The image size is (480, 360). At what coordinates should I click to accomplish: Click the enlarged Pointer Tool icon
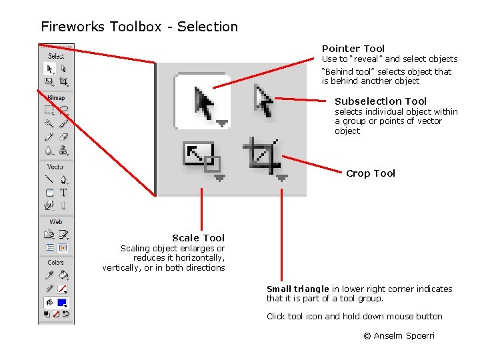(x=203, y=102)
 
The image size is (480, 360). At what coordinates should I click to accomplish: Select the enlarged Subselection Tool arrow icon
(x=265, y=101)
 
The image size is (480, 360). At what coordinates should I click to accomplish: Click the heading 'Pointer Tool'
(x=353, y=49)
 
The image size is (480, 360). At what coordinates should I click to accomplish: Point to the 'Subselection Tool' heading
(x=381, y=101)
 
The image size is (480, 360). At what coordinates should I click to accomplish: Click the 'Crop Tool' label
(x=371, y=173)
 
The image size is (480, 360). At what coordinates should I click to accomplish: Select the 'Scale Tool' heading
(x=198, y=238)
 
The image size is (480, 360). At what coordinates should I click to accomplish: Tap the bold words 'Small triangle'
(x=298, y=289)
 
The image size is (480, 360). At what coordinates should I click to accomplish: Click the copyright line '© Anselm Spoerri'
(x=399, y=336)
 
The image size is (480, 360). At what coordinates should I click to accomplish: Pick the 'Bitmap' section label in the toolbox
(x=56, y=98)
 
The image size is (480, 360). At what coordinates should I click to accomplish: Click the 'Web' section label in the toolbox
(x=56, y=221)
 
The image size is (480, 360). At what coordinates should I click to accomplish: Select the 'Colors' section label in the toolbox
(x=56, y=263)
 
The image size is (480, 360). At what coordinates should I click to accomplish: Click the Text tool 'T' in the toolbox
(x=63, y=192)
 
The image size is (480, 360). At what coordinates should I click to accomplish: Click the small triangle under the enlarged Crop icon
(x=282, y=178)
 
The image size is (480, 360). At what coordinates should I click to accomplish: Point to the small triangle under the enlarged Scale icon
(x=220, y=178)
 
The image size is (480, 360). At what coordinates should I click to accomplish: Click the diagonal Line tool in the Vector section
(x=49, y=179)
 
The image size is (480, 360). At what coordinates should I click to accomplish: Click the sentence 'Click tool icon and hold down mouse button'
(x=355, y=317)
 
